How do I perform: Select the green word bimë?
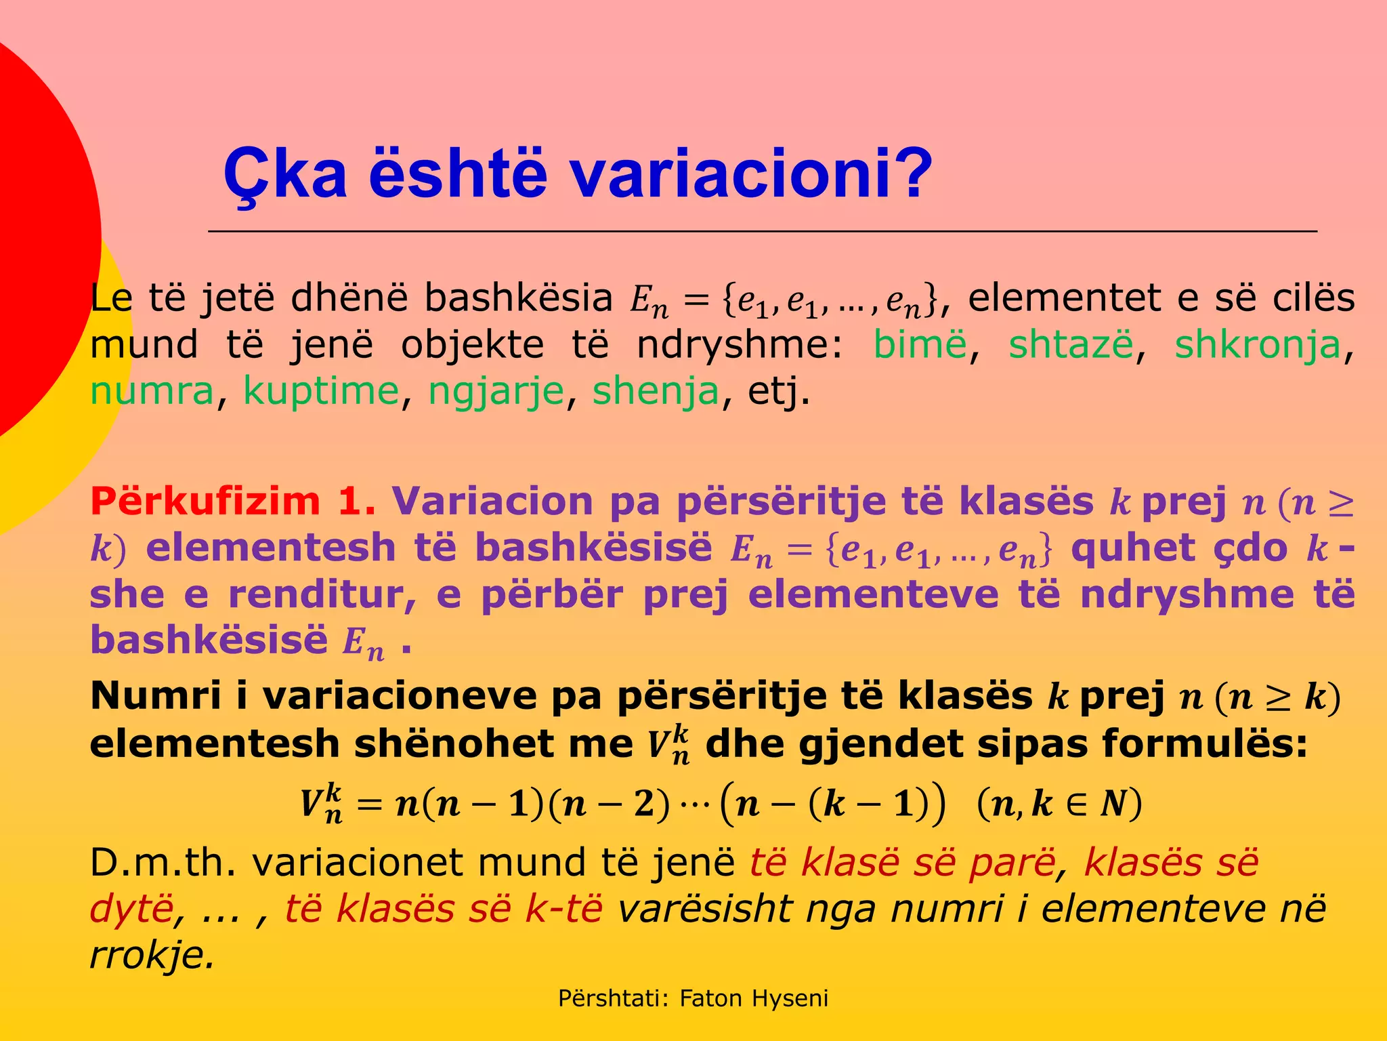point(920,345)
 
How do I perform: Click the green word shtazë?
point(1071,345)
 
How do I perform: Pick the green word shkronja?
point(1257,345)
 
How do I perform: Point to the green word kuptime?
point(321,392)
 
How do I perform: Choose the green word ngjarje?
point(496,392)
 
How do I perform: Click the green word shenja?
point(655,392)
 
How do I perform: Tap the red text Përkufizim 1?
point(232,502)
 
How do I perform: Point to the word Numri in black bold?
point(156,696)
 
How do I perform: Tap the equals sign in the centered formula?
point(370,804)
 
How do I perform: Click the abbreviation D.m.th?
point(163,863)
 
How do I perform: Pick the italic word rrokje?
point(152,955)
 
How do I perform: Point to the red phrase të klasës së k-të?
point(443,909)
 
